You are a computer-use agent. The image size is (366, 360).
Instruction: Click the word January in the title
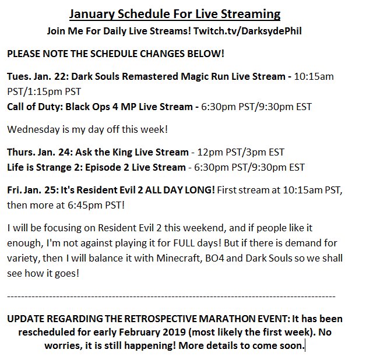pyautogui.click(x=91, y=15)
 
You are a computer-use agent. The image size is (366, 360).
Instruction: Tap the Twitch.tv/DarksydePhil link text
pyautogui.click(x=248, y=31)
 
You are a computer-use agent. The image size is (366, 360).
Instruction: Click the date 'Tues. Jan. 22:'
pyautogui.click(x=38, y=76)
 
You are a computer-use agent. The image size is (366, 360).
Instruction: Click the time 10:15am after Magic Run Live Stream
pyautogui.click(x=314, y=76)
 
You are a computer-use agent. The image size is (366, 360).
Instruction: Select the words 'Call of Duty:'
pyautogui.click(x=35, y=107)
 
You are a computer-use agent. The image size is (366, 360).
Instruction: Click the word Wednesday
pyautogui.click(x=33, y=129)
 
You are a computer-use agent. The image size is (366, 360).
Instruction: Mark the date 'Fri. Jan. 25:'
pyautogui.click(x=33, y=190)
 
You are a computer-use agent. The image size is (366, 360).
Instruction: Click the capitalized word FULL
pyautogui.click(x=184, y=243)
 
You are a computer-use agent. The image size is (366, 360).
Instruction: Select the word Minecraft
pyautogui.click(x=179, y=258)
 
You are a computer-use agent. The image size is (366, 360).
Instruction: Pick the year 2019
pyautogui.click(x=174, y=332)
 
